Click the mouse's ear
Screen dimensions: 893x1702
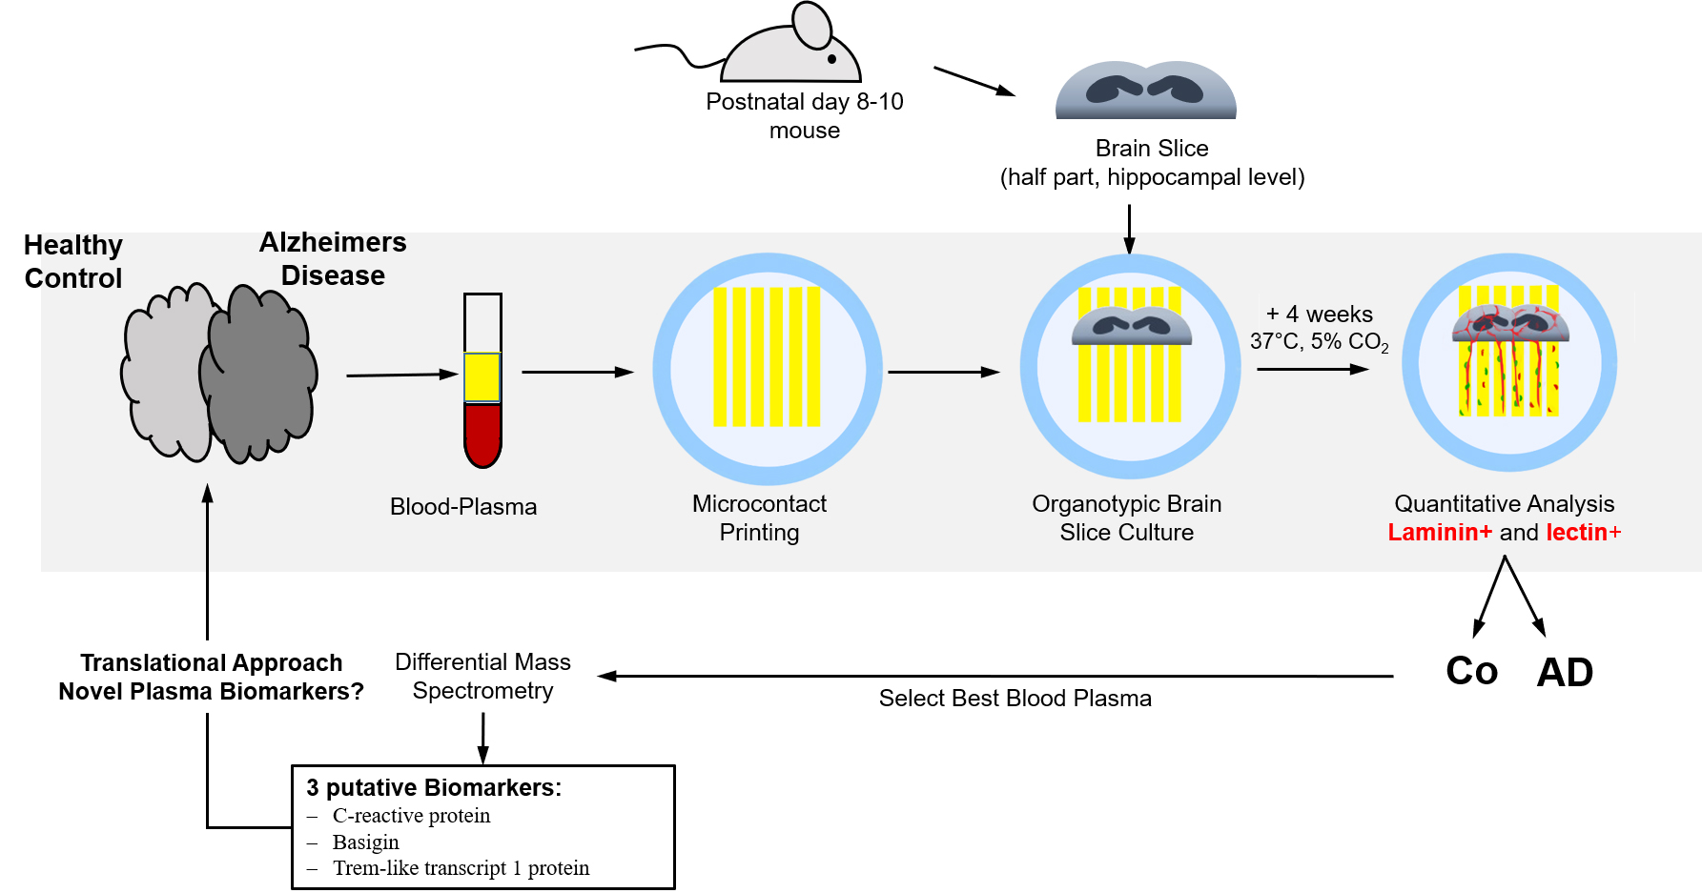pos(812,25)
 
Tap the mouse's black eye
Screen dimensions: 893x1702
pos(831,59)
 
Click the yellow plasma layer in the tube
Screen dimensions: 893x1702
pos(482,377)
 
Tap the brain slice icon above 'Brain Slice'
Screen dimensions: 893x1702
pos(1145,91)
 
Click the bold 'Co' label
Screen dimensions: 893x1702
pos(1471,672)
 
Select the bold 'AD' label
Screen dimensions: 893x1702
pos(1565,673)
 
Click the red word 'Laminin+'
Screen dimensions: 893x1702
pos(1440,533)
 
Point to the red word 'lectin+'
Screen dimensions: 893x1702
pos(1583,533)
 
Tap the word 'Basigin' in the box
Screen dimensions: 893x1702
pos(365,842)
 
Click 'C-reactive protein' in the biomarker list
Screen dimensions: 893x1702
pos(411,816)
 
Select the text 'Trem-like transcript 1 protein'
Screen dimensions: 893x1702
pos(461,868)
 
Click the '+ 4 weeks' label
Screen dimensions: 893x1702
pos(1319,315)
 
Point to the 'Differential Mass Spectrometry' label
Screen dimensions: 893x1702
pos(482,676)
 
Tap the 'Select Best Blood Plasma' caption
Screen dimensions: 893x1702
pos(1015,699)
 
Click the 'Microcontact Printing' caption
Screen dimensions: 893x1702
pos(759,518)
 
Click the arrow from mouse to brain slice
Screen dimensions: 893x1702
pos(974,81)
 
